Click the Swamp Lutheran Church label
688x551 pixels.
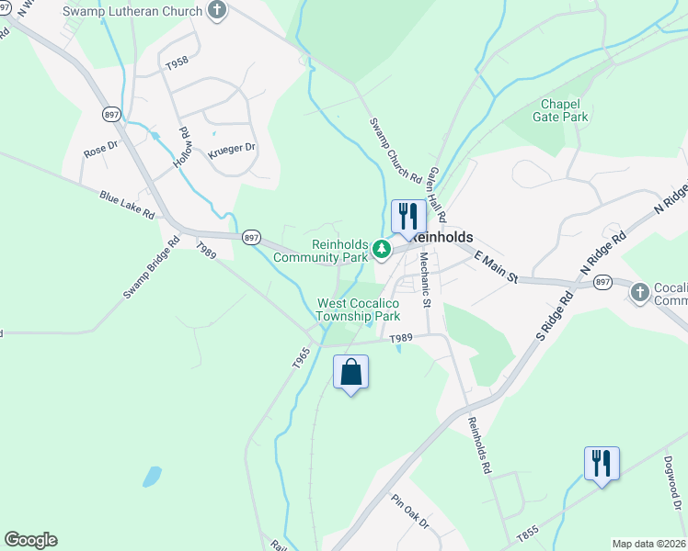coord(132,12)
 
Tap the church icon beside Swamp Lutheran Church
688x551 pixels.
coord(217,11)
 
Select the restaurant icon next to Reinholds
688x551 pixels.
coord(408,217)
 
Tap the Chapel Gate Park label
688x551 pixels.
coord(560,110)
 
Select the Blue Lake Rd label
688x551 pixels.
coord(127,203)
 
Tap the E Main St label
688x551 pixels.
coord(498,267)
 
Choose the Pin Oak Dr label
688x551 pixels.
coord(410,513)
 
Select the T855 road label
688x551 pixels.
coord(527,533)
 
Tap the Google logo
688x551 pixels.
coord(30,540)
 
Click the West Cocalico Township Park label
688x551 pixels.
coord(359,309)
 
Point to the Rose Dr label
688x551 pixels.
coord(102,147)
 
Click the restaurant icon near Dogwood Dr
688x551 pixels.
coord(601,463)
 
